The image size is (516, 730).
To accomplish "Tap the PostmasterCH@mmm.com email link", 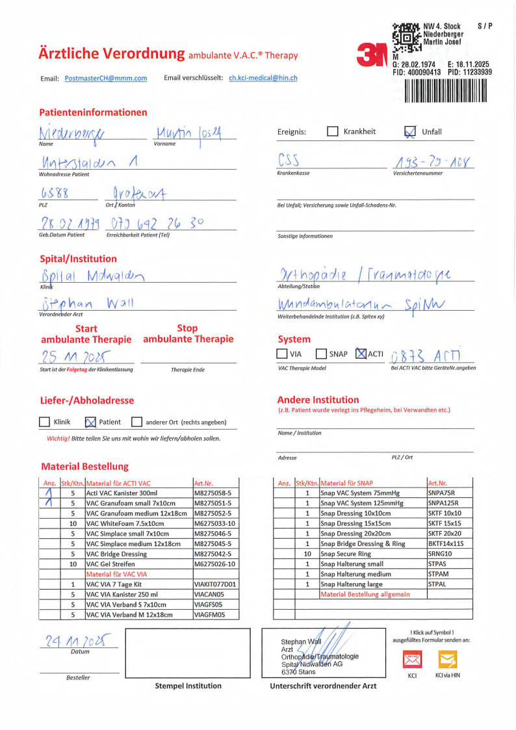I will pyautogui.click(x=106, y=78).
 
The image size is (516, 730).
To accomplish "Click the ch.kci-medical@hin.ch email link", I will pyautogui.click(x=263, y=78).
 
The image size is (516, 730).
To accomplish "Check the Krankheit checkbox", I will pyautogui.click(x=333, y=131).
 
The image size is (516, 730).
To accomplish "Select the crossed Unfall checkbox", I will pyautogui.click(x=410, y=132).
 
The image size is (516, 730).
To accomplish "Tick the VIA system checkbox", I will pyautogui.click(x=282, y=354).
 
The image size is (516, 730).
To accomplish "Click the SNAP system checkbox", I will pyautogui.click(x=321, y=354).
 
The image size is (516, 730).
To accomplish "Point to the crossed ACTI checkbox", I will pyautogui.click(x=361, y=354).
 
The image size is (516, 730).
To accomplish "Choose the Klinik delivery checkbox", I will pyautogui.click(x=44, y=422).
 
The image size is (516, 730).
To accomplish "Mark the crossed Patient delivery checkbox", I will pyautogui.click(x=91, y=422).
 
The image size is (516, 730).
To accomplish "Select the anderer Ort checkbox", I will pyautogui.click(x=136, y=422).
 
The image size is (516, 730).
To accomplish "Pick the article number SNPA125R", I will pyautogui.click(x=441, y=503).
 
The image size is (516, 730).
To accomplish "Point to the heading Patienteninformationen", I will pyautogui.click(x=93, y=112).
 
